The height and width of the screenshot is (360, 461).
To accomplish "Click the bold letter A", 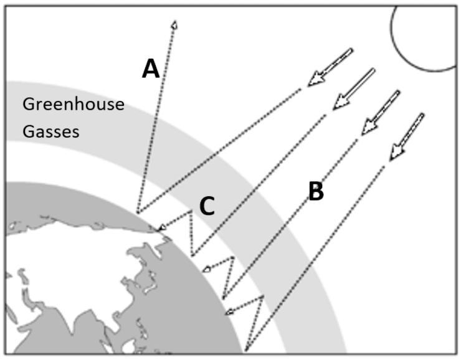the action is coord(151,68).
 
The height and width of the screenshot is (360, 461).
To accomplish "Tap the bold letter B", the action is coord(316,191).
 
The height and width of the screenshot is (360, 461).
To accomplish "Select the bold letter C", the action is coord(207,206).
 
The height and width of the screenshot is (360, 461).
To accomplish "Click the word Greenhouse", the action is coord(74,104).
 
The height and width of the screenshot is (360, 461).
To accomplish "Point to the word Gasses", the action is coord(51,131).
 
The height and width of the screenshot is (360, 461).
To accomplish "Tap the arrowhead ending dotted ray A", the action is coord(174,25).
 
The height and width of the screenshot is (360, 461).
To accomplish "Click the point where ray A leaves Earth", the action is coord(138,212).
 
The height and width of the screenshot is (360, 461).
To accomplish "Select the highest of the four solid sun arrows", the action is coord(330,67).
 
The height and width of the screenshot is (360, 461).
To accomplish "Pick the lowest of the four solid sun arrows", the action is coord(406,137).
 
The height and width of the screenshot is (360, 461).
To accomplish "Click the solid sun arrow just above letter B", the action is coord(381,113).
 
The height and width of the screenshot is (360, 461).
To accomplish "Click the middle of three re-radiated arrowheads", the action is coord(207,268).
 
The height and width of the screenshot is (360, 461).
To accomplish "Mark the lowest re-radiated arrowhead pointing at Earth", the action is coord(229,311).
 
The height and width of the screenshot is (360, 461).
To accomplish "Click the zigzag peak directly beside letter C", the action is coord(191,211).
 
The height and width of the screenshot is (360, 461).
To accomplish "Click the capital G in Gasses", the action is coord(29,131).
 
